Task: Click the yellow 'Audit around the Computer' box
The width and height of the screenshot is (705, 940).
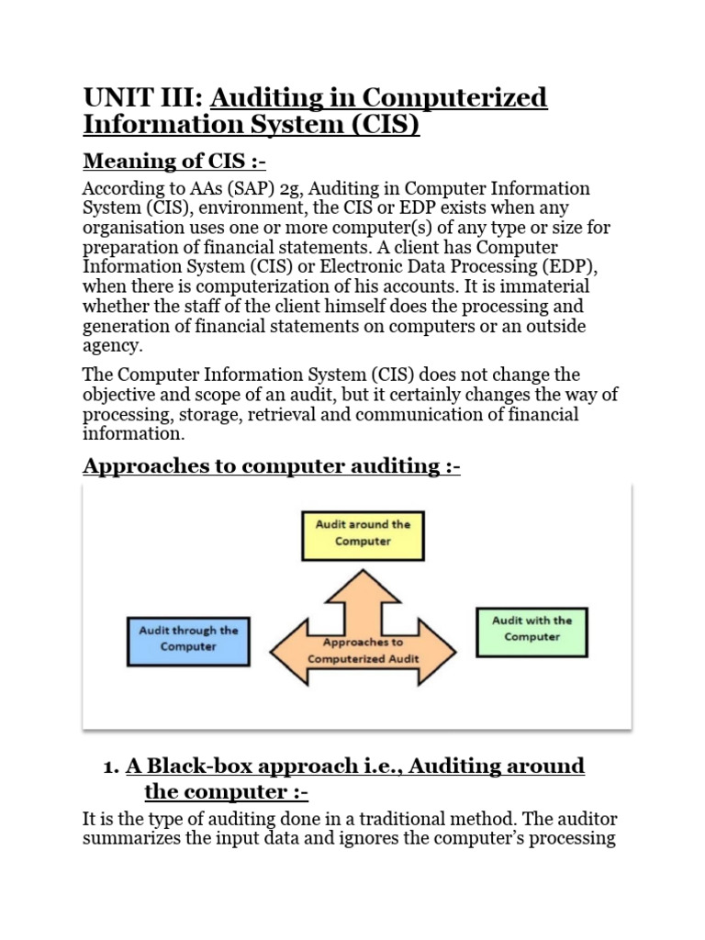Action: (x=363, y=534)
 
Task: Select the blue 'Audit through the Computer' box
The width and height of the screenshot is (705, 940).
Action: (x=187, y=639)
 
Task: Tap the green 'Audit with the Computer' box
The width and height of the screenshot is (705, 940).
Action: (x=532, y=629)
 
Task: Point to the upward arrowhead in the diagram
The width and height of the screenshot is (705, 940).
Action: (x=364, y=578)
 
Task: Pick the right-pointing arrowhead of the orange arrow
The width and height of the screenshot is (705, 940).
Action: (x=441, y=651)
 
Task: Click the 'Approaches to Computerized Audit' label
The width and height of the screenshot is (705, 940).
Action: (x=364, y=651)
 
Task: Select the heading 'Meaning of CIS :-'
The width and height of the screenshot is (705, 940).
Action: (x=173, y=162)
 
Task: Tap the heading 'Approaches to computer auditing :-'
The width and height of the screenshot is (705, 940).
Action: (x=272, y=466)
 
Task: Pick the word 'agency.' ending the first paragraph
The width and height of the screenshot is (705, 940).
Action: (x=112, y=346)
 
